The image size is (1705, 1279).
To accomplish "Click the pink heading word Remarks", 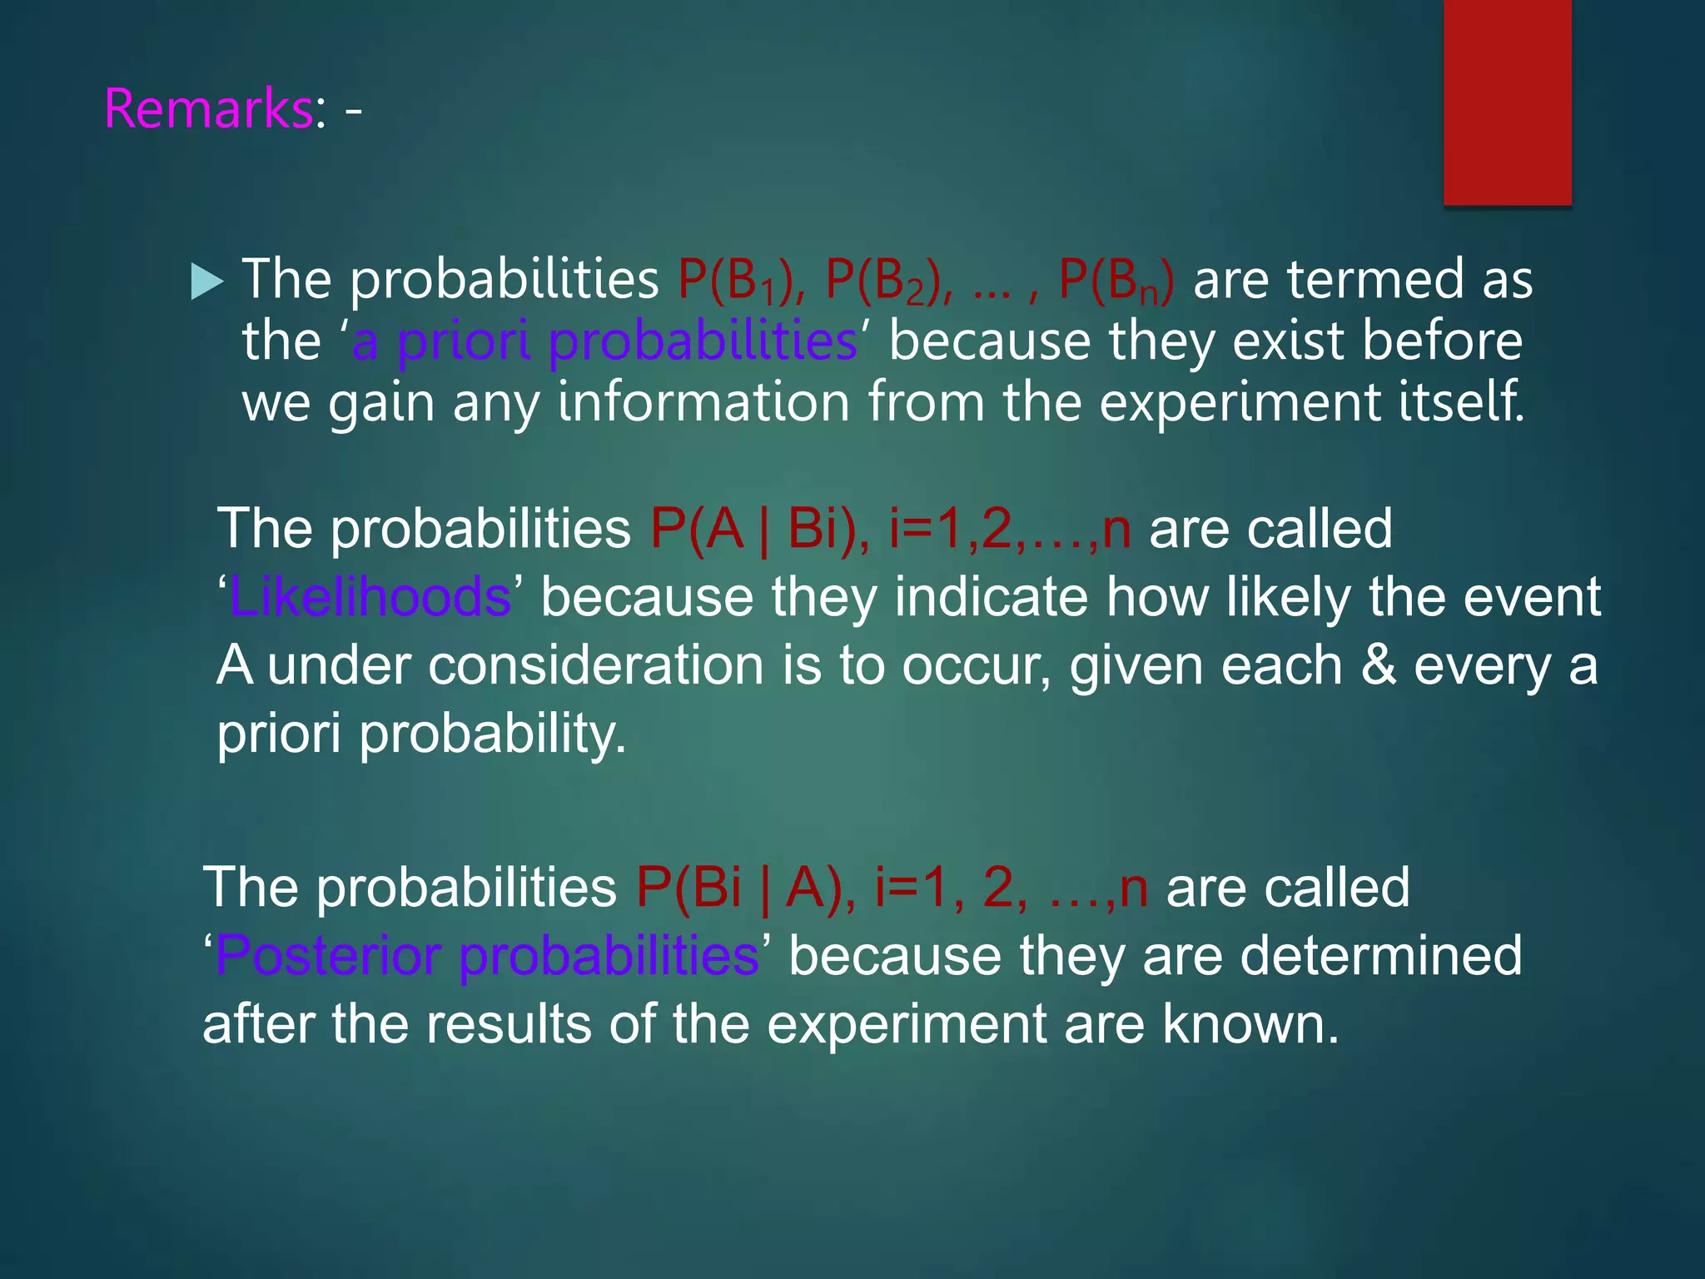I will (x=208, y=109).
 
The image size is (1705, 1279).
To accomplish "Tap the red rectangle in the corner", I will (x=1507, y=102).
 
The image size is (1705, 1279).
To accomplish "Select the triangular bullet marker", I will (x=206, y=281).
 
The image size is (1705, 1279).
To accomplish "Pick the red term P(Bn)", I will (x=1116, y=280).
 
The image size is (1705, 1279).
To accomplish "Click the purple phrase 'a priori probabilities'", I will (x=604, y=341).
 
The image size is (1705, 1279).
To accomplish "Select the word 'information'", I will (x=703, y=402).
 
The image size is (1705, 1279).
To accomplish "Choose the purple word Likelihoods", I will (x=370, y=597).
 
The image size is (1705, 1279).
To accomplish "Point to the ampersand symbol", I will (x=1378, y=666).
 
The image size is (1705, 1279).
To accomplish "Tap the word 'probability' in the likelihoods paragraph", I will (x=492, y=734).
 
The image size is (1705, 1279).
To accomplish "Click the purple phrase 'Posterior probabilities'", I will (x=487, y=956).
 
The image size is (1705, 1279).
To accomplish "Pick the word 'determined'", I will (x=1381, y=956).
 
